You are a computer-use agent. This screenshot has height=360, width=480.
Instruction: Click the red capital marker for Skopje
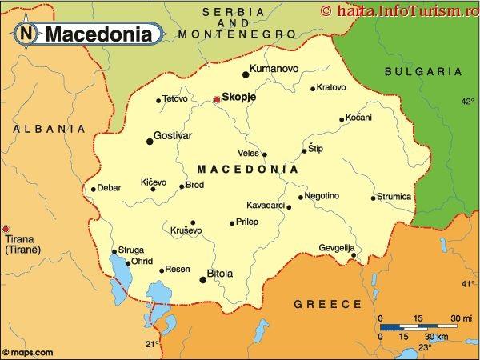pyautogui.click(x=216, y=100)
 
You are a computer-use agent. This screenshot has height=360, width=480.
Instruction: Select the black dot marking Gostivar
pyautogui.click(x=150, y=142)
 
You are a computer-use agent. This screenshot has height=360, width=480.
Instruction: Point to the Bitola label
pyautogui.click(x=220, y=274)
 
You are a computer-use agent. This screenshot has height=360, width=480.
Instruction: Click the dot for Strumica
pyautogui.click(x=373, y=198)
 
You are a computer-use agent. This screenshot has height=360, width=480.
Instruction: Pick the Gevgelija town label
pyautogui.click(x=337, y=247)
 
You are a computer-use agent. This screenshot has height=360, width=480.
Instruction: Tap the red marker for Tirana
pyautogui.click(x=6, y=229)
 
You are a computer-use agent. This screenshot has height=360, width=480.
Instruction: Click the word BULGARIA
pyautogui.click(x=424, y=71)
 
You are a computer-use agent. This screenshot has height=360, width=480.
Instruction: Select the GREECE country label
pyautogui.click(x=328, y=304)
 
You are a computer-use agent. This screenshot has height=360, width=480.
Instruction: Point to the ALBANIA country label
pyautogui.click(x=50, y=128)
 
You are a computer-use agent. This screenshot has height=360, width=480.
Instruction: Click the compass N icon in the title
pyautogui.click(x=28, y=34)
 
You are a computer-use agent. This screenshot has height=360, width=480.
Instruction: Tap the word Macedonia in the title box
pyautogui.click(x=98, y=34)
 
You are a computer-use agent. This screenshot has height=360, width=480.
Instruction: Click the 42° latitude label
pyautogui.click(x=467, y=102)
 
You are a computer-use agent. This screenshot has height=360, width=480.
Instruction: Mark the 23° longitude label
pyautogui.click(x=425, y=346)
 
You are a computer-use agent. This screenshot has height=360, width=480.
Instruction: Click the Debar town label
pyautogui.click(x=109, y=188)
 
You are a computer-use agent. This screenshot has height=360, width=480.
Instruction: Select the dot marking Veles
pyautogui.click(x=265, y=154)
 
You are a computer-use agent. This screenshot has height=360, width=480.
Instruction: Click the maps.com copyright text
pyautogui.click(x=29, y=352)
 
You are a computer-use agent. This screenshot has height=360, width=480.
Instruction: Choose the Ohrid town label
pyautogui.click(x=142, y=262)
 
